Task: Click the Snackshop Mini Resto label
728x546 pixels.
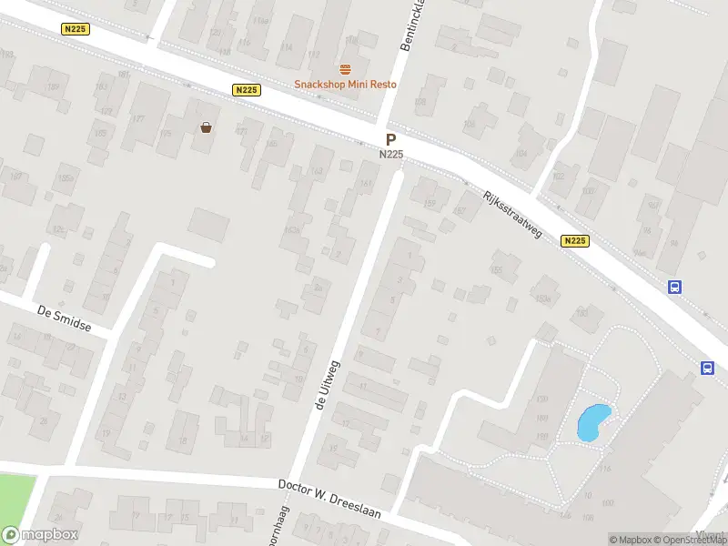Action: pyautogui.click(x=345, y=85)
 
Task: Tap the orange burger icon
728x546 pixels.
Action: pyautogui.click(x=345, y=69)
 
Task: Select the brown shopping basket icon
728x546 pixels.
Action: pyautogui.click(x=207, y=127)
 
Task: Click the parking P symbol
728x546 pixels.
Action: pyautogui.click(x=390, y=140)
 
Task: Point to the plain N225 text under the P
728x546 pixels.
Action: pyautogui.click(x=391, y=155)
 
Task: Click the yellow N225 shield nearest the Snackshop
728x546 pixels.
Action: pyautogui.click(x=246, y=89)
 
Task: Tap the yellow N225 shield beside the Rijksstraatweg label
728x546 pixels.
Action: pyautogui.click(x=574, y=241)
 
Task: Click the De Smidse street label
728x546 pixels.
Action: pyautogui.click(x=65, y=319)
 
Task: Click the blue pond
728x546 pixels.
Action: pyautogui.click(x=592, y=422)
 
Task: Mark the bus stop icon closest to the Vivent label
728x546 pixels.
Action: pyautogui.click(x=707, y=368)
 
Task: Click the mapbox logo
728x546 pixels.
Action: pyautogui.click(x=40, y=535)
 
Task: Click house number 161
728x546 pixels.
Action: pyautogui.click(x=366, y=184)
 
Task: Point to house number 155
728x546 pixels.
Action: pyautogui.click(x=497, y=270)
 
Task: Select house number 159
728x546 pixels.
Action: pyautogui.click(x=430, y=203)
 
